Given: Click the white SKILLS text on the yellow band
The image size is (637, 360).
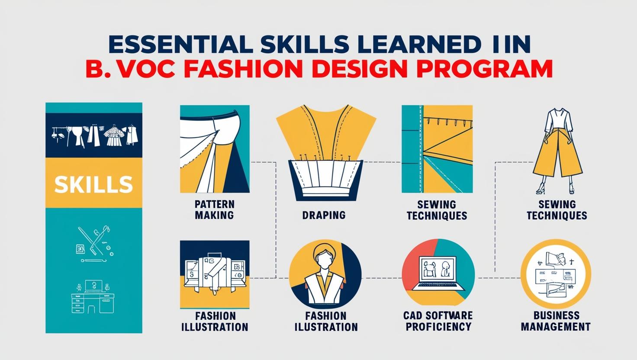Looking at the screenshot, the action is pyautogui.click(x=93, y=184).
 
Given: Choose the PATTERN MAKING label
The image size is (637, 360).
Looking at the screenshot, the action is pyautogui.click(x=214, y=209).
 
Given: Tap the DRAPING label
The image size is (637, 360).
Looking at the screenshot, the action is pyautogui.click(x=324, y=215).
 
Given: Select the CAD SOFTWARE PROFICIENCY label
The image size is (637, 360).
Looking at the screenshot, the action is pyautogui.click(x=438, y=321).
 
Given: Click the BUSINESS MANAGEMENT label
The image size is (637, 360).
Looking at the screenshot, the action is pyautogui.click(x=556, y=321).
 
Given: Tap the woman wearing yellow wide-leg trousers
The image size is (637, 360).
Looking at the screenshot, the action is pyautogui.click(x=557, y=151).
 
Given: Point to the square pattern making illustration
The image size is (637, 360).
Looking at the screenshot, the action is pyautogui.click(x=215, y=149).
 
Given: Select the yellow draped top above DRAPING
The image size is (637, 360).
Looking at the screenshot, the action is pyautogui.click(x=326, y=134).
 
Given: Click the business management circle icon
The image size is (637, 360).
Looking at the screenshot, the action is pyautogui.click(x=556, y=274).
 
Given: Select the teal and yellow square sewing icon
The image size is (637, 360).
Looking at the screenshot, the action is pyautogui.click(x=437, y=149).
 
